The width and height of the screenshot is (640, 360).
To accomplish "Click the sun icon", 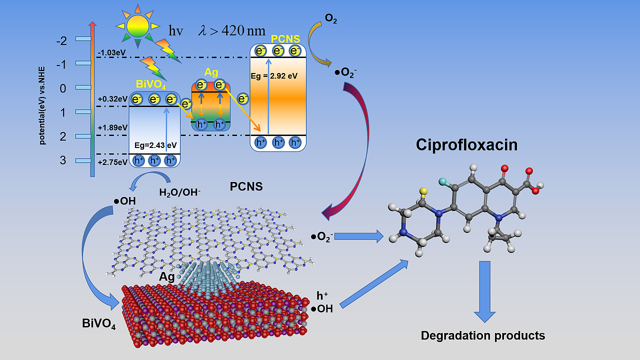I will (137, 25).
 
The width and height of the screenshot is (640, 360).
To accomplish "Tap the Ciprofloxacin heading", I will (466, 145).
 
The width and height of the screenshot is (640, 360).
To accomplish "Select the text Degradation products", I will (482, 335).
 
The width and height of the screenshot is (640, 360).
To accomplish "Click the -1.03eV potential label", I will (111, 52).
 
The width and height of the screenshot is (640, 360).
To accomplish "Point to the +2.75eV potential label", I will (112, 161).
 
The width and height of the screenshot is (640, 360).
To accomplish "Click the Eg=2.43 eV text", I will (155, 145).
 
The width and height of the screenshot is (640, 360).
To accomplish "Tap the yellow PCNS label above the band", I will (285, 38).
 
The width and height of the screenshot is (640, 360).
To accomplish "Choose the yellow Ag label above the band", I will (211, 72).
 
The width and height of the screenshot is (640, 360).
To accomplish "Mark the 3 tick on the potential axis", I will (62, 160).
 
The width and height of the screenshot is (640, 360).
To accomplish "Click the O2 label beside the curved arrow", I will (330, 19).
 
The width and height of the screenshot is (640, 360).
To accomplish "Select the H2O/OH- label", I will (179, 192).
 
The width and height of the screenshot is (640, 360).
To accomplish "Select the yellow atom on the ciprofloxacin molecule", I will (423, 190).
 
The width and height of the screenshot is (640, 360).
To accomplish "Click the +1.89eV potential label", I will (112, 127).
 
